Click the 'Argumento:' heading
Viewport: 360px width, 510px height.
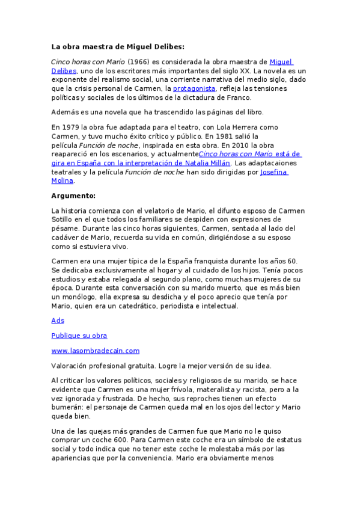73,195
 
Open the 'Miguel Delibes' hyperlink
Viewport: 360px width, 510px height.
281,62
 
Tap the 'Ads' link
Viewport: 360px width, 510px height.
58,321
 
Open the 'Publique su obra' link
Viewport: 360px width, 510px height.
79,336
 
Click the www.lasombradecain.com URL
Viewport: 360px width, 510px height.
95,351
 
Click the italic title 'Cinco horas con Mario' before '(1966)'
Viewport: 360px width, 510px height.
88,62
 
